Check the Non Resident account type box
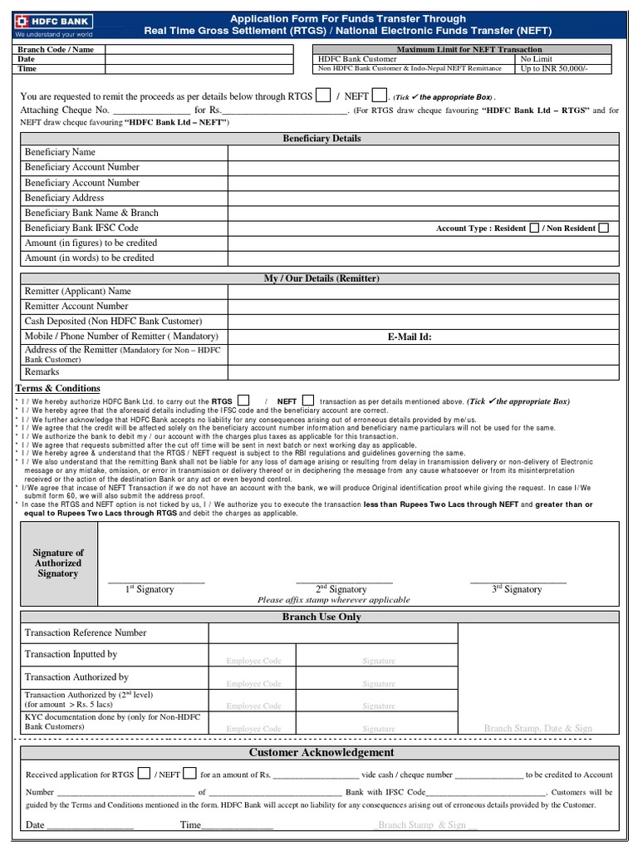[x=603, y=228]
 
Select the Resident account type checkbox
[x=534, y=228]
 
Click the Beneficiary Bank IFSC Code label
[x=81, y=228]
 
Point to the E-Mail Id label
[x=410, y=337]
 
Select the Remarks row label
[x=42, y=372]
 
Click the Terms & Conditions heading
[x=58, y=388]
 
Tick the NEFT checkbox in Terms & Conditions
[x=307, y=401]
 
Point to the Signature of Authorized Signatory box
[x=58, y=563]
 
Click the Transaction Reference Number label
[x=86, y=632]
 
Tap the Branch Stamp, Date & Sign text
[x=537, y=728]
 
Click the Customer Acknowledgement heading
[x=321, y=752]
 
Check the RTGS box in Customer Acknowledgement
[x=144, y=773]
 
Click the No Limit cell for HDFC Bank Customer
[x=536, y=60]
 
